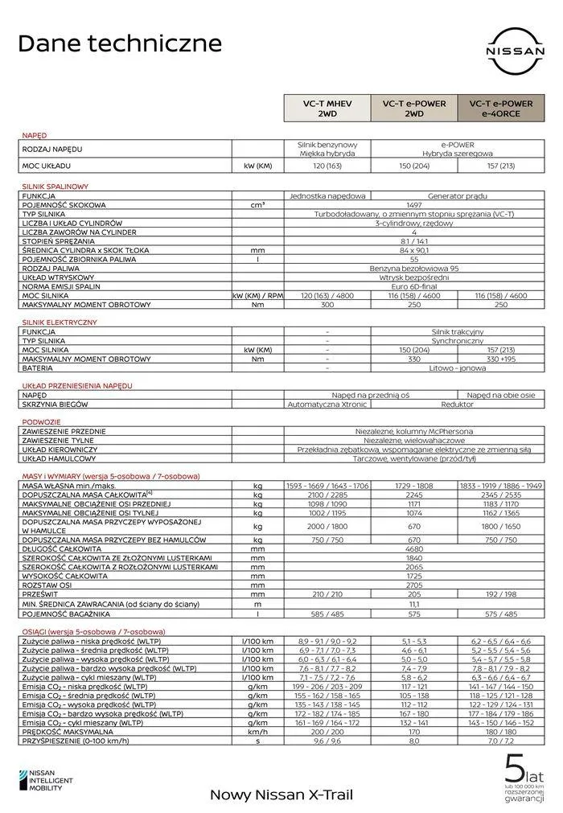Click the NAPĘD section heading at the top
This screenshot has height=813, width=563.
click(x=34, y=135)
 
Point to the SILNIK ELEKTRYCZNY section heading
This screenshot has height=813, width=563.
click(x=60, y=322)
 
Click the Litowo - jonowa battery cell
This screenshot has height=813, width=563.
click(x=456, y=367)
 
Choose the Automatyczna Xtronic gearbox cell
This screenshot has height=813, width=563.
click(x=327, y=404)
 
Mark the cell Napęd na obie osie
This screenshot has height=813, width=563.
click(x=500, y=395)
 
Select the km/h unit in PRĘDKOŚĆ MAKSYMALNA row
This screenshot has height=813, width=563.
click(x=257, y=731)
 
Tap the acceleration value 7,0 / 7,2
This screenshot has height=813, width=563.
click(x=500, y=741)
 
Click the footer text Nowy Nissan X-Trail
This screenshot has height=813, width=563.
click(x=281, y=795)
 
